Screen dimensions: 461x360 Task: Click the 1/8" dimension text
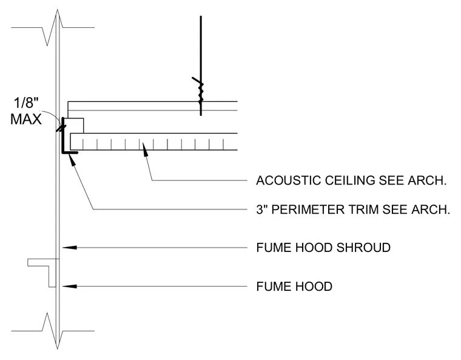tap(26, 104)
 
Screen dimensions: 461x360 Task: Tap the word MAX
tap(26, 120)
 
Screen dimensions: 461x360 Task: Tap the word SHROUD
tap(363, 248)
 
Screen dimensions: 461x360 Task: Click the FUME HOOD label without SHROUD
tap(294, 287)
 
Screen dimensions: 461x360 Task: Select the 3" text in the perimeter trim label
tap(261, 209)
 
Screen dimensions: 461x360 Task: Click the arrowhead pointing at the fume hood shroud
tap(70, 248)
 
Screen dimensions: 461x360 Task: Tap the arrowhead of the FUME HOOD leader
tap(70, 286)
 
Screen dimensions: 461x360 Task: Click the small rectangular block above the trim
tap(74, 126)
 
